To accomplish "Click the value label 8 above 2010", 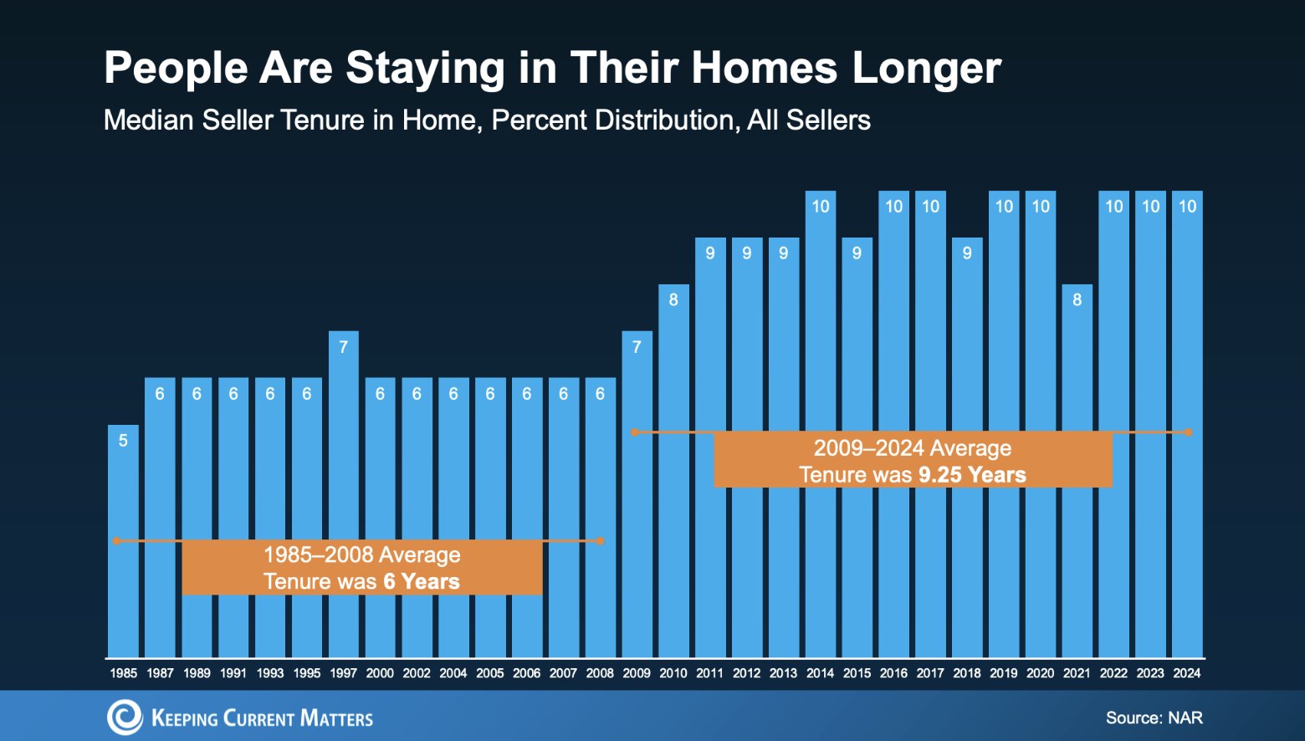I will click(x=673, y=299).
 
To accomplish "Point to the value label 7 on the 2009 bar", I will click(x=637, y=346).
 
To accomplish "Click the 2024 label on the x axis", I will click(x=1187, y=672).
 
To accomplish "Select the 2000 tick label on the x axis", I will click(x=380, y=672).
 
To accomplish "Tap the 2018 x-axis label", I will click(x=967, y=672).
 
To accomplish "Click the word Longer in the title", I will click(x=926, y=68).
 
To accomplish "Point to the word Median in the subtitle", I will click(x=147, y=120).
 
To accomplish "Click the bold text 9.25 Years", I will click(x=972, y=475).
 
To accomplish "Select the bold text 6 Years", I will click(x=422, y=581).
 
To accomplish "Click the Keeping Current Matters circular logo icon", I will click(x=125, y=717).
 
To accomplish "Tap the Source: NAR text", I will click(x=1154, y=718).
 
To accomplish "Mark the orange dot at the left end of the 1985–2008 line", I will click(x=117, y=541).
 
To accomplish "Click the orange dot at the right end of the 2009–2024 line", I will click(x=1189, y=432).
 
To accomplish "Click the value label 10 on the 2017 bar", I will click(x=930, y=207).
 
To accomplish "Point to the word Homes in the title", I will click(x=764, y=68).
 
